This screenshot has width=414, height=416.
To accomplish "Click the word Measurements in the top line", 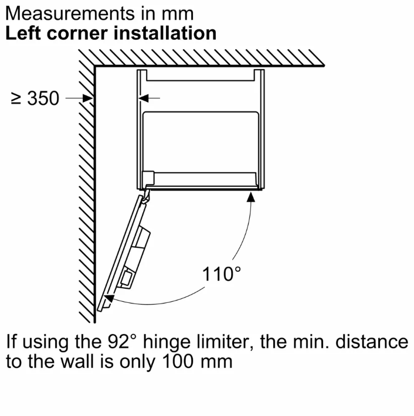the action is pyautogui.click(x=70, y=13).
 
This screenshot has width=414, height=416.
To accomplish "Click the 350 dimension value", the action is pyautogui.click(x=43, y=98).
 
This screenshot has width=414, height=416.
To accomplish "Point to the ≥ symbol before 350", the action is pyautogui.click(x=16, y=98).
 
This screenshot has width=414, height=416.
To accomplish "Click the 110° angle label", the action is pyautogui.click(x=222, y=274).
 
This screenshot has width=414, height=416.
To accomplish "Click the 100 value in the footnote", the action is pyautogui.click(x=178, y=361).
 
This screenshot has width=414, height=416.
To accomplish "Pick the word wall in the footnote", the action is pyautogui.click(x=77, y=361).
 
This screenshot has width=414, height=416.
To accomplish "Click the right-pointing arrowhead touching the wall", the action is pyautogui.click(x=87, y=98).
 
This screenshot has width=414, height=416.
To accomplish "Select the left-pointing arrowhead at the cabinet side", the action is pyautogui.click(x=144, y=98).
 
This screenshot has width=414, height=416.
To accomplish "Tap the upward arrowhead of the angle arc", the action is pyautogui.click(x=250, y=197).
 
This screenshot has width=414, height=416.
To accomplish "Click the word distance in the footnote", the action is pyautogui.click(x=372, y=342).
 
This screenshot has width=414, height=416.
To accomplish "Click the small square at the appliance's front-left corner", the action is pyautogui.click(x=148, y=178).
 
